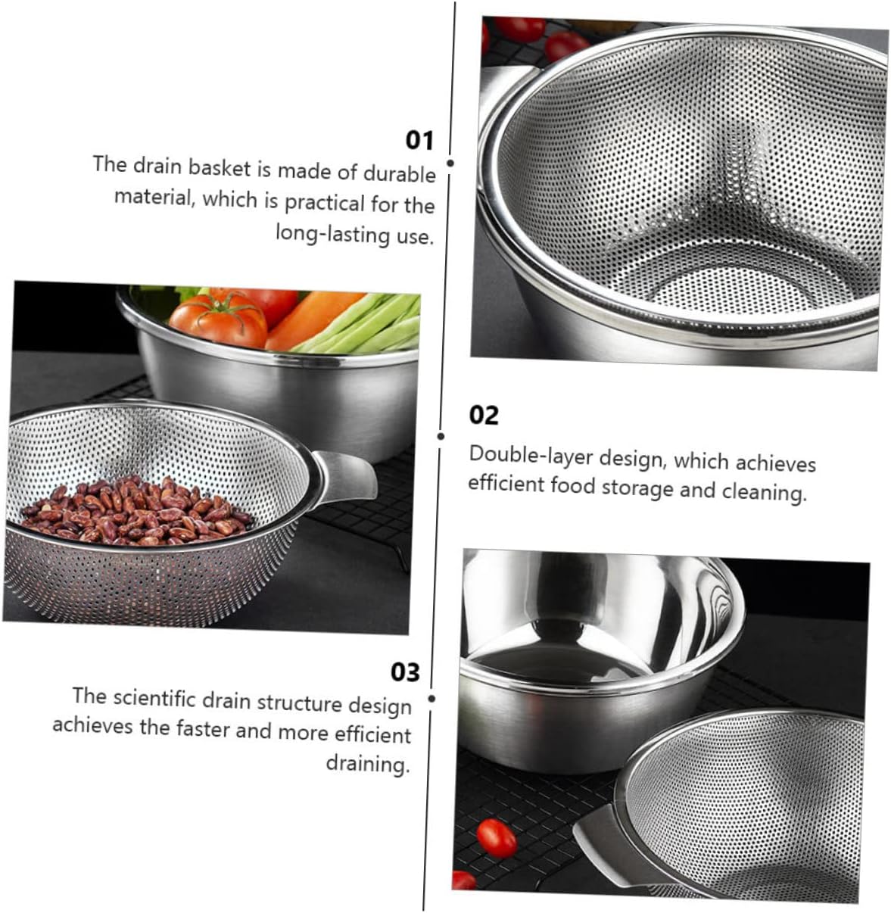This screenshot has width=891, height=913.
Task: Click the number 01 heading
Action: coord(419,141)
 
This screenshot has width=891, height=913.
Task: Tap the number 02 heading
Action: coord(484,416)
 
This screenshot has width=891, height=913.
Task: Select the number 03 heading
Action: coord(404,672)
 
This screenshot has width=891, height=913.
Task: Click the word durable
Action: coord(398,174)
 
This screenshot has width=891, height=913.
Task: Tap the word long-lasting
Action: coord(332,232)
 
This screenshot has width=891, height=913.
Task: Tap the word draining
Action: coord(368,762)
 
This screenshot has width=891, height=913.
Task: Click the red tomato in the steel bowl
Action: coord(219,317)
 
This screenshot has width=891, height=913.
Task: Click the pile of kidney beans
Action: coord(136,510)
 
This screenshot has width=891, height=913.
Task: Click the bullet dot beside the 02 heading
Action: coord(441,436)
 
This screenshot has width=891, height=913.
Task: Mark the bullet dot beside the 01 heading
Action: coord(450,163)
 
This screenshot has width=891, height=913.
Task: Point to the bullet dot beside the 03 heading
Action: coord(431,699)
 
